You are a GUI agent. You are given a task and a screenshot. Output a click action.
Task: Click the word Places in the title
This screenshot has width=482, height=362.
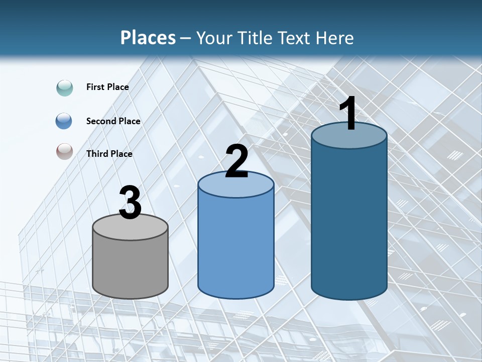pos(148,38)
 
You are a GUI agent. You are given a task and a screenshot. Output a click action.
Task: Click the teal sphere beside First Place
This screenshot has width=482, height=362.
pos(64,87)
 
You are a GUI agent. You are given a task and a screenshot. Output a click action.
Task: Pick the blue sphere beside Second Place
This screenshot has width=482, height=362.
pos(64,121)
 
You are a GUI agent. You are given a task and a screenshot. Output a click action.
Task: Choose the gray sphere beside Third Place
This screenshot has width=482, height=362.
pos(64,152)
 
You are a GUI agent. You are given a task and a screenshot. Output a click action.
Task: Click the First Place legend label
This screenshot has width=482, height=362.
pos(107,87)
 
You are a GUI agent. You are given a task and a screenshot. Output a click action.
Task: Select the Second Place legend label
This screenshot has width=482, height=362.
pos(113,121)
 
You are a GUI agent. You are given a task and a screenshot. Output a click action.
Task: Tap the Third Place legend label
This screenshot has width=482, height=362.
pos(109,154)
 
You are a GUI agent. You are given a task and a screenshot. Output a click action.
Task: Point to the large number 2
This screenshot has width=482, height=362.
pos(236,161)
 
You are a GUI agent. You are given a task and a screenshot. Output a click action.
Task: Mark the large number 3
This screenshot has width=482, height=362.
pos(131,203)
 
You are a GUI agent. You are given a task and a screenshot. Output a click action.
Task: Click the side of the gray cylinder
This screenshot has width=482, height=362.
pos(131,266)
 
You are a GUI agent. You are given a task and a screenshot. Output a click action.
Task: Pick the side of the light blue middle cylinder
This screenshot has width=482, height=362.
pos(236,246)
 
